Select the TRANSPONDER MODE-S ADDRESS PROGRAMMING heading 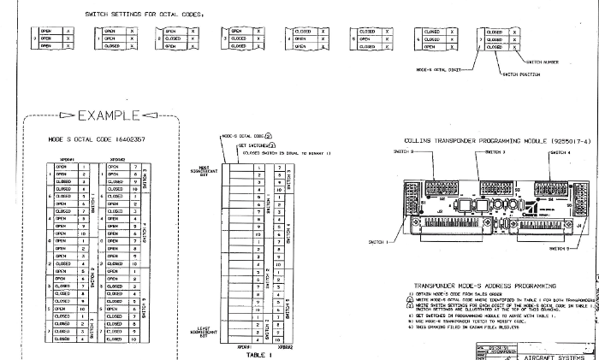(x=485, y=261)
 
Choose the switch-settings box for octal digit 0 (x=52, y=38)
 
